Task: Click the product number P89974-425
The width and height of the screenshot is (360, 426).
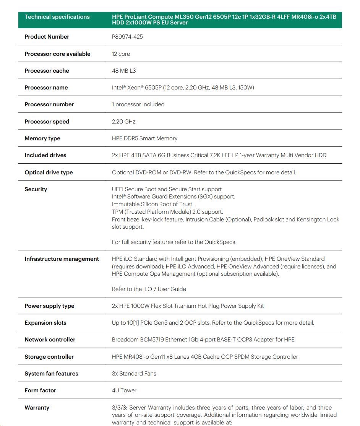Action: (x=127, y=37)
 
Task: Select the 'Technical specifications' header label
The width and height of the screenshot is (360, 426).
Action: (x=57, y=17)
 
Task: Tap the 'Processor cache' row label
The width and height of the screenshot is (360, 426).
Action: (x=47, y=71)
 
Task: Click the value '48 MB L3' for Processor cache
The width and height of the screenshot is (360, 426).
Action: (x=124, y=71)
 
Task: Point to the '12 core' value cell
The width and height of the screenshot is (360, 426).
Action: (x=121, y=54)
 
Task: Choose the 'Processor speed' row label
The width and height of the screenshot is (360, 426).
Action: (x=47, y=122)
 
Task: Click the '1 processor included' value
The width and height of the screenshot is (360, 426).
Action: (x=138, y=104)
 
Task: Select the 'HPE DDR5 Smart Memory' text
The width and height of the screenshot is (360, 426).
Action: (x=144, y=138)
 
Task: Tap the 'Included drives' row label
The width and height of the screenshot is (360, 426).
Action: (x=45, y=155)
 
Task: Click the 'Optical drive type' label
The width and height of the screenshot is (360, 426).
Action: (x=49, y=172)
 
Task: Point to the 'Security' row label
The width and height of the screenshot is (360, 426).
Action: (x=36, y=189)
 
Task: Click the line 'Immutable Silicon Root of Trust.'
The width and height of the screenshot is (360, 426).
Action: (x=152, y=204)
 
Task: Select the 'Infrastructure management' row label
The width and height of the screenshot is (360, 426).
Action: (x=62, y=259)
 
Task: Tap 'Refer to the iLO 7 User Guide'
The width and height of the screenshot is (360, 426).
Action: (x=149, y=289)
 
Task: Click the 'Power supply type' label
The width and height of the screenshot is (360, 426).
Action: (x=49, y=306)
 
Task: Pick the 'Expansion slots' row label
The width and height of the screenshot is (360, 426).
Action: (x=45, y=323)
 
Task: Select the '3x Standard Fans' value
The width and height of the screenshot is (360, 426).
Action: (x=134, y=374)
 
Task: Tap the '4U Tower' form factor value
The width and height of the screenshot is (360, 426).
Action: (x=124, y=390)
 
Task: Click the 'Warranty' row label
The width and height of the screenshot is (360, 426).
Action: (x=37, y=408)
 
